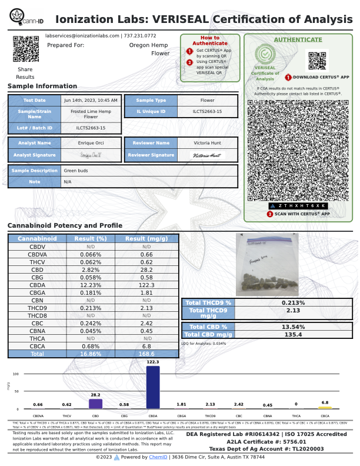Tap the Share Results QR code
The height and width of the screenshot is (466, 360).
pyautogui.click(x=25, y=49)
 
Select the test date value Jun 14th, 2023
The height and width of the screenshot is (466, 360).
pyautogui.click(x=91, y=100)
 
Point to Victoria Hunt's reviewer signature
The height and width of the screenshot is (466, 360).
pyautogui.click(x=207, y=155)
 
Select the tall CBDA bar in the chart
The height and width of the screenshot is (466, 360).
pyautogui.click(x=152, y=387)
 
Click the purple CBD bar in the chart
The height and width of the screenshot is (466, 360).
pyautogui.click(x=95, y=404)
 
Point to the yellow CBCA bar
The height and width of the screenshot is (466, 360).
pyautogui.click(x=325, y=407)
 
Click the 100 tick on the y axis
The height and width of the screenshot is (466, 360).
pyautogui.click(x=15, y=374)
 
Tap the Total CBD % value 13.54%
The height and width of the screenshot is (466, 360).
pyautogui.click(x=292, y=327)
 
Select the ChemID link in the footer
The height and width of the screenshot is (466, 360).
pyautogui.click(x=158, y=457)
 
